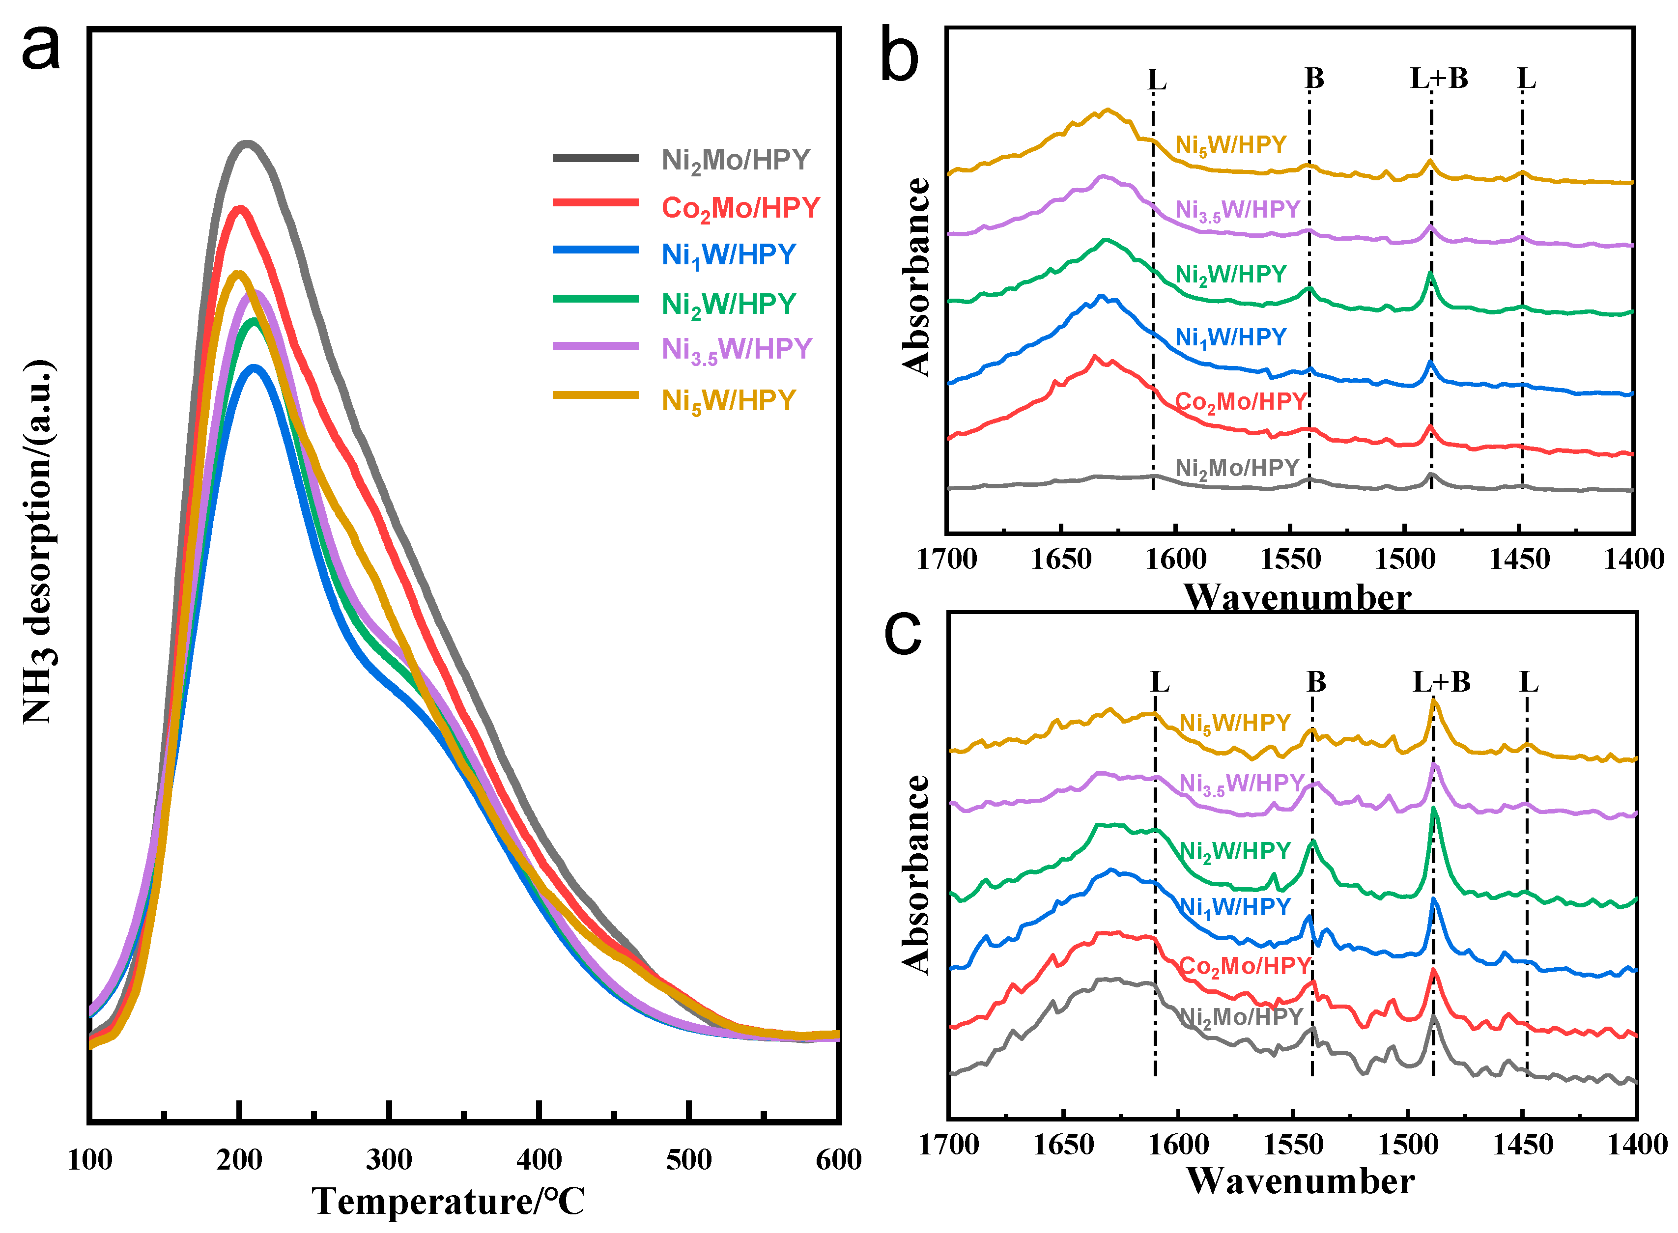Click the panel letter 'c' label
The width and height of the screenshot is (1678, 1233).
903,633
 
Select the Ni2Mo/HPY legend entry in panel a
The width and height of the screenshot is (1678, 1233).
735,161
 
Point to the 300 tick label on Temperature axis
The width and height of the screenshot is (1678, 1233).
389,1159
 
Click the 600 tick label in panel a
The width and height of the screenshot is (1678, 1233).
838,1159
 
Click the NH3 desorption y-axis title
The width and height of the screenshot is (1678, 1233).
37,541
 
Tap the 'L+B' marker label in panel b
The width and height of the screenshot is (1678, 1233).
1438,79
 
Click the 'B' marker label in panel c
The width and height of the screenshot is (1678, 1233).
1316,681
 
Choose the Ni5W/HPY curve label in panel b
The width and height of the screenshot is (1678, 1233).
1230,145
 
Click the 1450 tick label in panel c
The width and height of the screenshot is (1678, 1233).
1522,1144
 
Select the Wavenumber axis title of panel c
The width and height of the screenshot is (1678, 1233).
1300,1181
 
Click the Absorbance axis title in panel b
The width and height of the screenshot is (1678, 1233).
916,276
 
